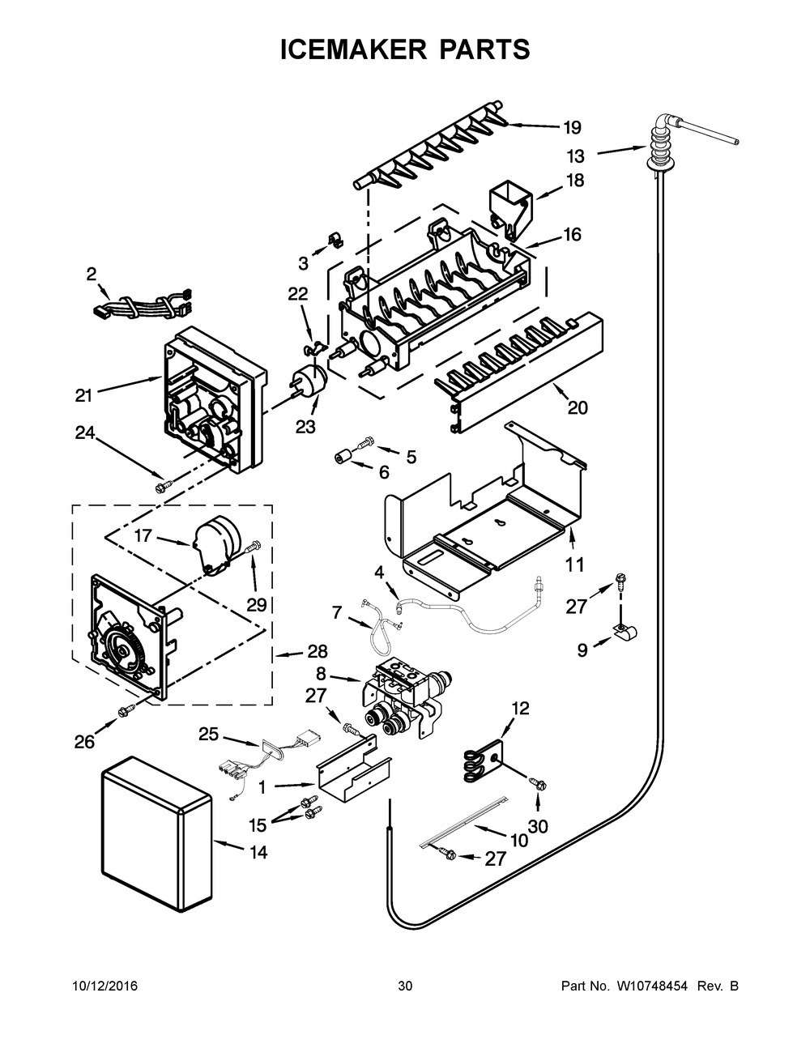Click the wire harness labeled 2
142,306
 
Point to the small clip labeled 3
333,241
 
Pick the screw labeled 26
126,711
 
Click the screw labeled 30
536,784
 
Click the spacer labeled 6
343,458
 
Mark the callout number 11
574,564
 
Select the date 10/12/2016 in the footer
104,986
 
